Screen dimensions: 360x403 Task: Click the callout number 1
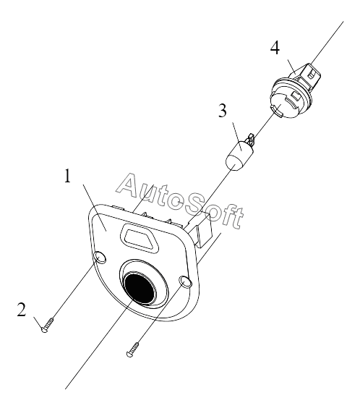[67, 176]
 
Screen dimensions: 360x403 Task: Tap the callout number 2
[22, 310]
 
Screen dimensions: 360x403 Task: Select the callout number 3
[223, 111]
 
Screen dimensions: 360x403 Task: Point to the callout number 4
[275, 48]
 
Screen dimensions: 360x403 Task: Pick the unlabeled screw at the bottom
[133, 349]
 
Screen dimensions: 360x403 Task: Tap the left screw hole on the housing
[100, 258]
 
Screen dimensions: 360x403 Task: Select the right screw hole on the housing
[185, 281]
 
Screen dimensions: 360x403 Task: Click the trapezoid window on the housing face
[140, 239]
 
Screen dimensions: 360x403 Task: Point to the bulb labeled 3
[239, 155]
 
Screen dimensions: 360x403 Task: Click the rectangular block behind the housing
[204, 229]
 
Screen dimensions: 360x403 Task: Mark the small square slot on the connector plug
[312, 75]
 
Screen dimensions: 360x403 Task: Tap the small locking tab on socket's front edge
[277, 111]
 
